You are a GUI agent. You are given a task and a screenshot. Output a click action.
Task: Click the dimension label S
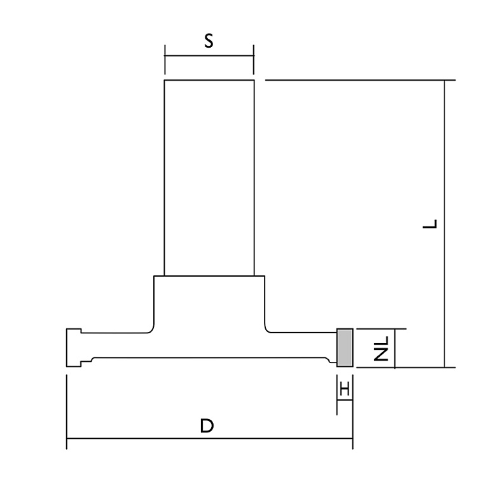[x=209, y=41]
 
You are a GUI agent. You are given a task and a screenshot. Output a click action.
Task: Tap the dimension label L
[x=430, y=224]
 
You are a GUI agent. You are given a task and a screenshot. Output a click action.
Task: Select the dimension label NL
[x=381, y=349]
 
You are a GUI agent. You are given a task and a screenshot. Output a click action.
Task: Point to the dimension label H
[x=345, y=389]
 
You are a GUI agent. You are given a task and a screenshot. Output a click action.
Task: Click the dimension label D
[x=207, y=425]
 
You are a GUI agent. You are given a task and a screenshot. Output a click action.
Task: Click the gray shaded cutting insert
[x=345, y=348]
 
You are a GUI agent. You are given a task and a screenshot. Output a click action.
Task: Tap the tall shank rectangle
[x=209, y=178]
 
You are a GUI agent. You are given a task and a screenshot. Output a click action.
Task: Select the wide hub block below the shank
[x=209, y=304]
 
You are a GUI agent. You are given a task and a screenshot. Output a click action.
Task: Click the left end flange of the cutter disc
[x=74, y=348]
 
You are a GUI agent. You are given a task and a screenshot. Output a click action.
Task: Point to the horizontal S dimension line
[x=209, y=56]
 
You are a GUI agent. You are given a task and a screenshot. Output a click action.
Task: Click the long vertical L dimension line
[x=445, y=224]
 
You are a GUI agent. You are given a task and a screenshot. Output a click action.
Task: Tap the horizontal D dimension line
[x=210, y=439]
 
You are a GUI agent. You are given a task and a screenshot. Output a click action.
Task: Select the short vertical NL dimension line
[x=394, y=349]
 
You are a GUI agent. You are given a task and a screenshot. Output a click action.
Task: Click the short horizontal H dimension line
[x=345, y=400]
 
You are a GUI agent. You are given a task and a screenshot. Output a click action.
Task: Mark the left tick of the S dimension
[x=165, y=60]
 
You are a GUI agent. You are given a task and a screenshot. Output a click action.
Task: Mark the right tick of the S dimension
[x=253, y=60]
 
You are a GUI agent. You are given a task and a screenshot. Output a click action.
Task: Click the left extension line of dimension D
[x=67, y=412]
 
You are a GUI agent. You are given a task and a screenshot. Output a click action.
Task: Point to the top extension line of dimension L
[x=361, y=80]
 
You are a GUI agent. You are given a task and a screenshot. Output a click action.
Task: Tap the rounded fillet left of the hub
[x=151, y=329]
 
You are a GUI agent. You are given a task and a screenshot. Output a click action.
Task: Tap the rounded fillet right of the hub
[x=268, y=329]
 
